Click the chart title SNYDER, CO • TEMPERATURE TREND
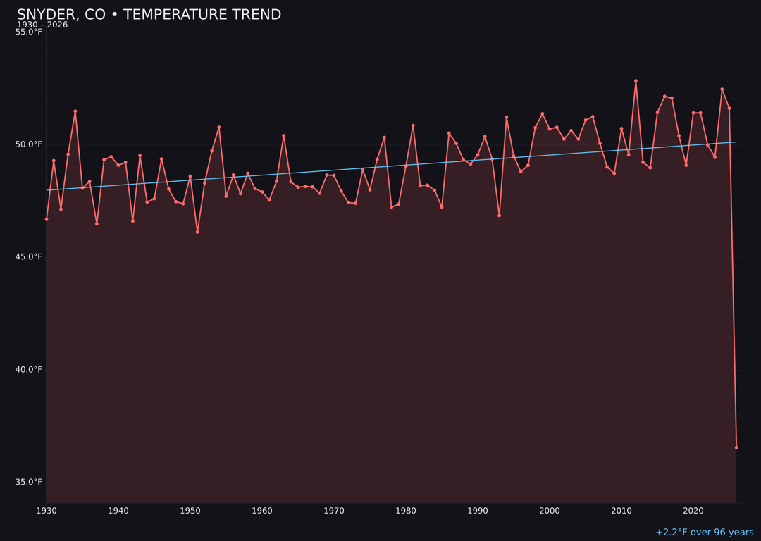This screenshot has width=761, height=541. [149, 15]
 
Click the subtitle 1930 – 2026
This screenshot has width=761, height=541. [42, 25]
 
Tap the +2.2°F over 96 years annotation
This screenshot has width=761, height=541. [704, 533]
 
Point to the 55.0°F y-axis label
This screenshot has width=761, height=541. [29, 32]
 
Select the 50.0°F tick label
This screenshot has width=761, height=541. [29, 144]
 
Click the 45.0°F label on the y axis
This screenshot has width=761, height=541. [29, 257]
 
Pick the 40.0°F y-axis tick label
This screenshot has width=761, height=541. [29, 370]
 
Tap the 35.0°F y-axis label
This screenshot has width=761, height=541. [29, 483]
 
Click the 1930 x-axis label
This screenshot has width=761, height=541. [47, 511]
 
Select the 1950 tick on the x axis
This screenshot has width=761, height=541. [190, 511]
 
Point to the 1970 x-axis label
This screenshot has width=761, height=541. [334, 511]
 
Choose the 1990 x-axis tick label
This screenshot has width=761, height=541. [478, 511]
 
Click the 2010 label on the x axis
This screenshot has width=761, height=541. [621, 511]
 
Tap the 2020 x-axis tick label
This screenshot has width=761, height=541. [693, 511]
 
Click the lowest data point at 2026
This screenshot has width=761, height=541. [736, 447]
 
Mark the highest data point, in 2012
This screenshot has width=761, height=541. [636, 81]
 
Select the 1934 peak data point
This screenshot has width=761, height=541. [75, 111]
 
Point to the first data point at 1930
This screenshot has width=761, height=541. [47, 219]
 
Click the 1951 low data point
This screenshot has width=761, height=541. [197, 232]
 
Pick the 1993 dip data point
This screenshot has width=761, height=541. [499, 216]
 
